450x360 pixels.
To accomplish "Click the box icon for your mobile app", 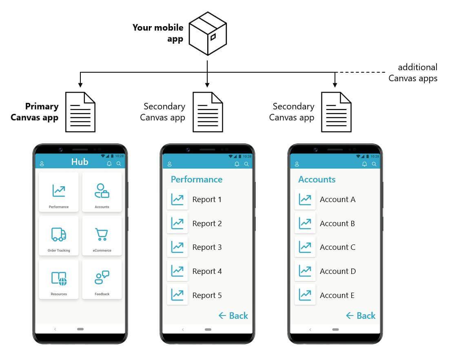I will pyautogui.click(x=208, y=34).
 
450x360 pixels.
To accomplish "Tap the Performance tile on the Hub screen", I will pyautogui.click(x=59, y=192).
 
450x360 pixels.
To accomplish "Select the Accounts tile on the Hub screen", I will pyautogui.click(x=102, y=192).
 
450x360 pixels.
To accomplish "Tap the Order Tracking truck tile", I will pyautogui.click(x=59, y=236).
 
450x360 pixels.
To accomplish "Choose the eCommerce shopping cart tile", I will pyautogui.click(x=102, y=236).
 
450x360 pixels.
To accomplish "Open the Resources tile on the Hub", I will pyautogui.click(x=59, y=280).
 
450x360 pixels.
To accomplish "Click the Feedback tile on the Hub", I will pyautogui.click(x=102, y=280).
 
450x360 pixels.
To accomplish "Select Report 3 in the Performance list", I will pyautogui.click(x=207, y=247).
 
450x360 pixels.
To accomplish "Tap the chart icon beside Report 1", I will pyautogui.click(x=177, y=200).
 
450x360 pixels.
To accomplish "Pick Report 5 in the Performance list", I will pyautogui.click(x=207, y=295).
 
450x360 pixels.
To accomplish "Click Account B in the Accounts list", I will pyautogui.click(x=337, y=224).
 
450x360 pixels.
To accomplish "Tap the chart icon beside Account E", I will pyautogui.click(x=305, y=295).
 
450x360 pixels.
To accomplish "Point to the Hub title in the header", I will pyautogui.click(x=80, y=162).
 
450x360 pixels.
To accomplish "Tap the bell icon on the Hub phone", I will pyautogui.click(x=109, y=164).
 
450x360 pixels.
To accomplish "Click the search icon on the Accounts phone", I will pyautogui.click(x=374, y=164).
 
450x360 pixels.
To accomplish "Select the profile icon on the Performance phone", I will pyautogui.click(x=170, y=164).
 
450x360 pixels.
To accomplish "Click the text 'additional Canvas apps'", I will pyautogui.click(x=412, y=73).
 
